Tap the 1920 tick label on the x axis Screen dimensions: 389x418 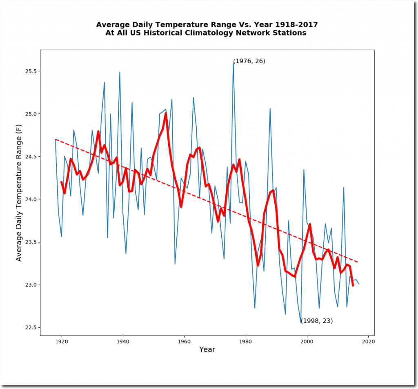point(62,342)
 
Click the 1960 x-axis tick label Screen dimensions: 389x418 point(184,342)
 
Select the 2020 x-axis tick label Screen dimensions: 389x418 point(368,342)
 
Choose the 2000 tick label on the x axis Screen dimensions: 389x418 point(307,342)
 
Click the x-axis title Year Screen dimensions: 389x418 point(207,349)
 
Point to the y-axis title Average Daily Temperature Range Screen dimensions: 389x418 point(19,193)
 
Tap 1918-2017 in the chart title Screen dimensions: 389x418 point(295,25)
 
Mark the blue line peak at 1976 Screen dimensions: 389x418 point(233,62)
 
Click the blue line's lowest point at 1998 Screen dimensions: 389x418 point(301,323)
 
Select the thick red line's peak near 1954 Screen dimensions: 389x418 point(166,113)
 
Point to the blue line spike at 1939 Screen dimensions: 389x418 point(120,72)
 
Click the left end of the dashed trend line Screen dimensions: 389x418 point(56,139)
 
